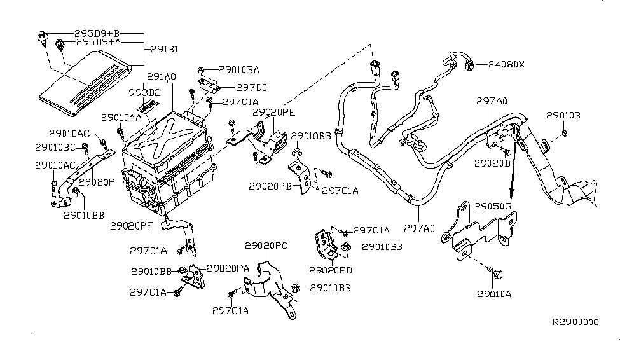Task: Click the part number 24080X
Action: [x=507, y=64]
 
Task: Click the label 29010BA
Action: [x=238, y=70]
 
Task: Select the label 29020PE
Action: [x=274, y=112]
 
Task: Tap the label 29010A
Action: [x=496, y=294]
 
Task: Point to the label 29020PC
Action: [x=265, y=245]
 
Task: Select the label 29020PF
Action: [x=130, y=225]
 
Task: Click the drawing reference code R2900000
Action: [x=575, y=322]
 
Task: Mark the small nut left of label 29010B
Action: [x=565, y=132]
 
